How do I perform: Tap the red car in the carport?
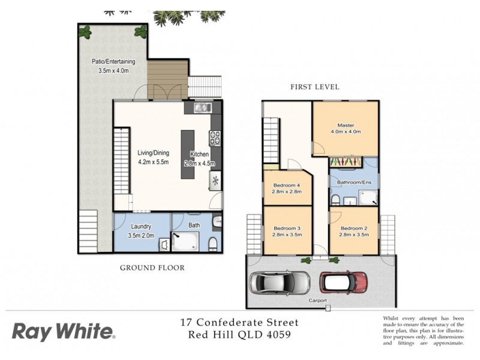point(343,281)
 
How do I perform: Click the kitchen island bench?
point(188,154)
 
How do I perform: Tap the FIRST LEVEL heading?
point(314,87)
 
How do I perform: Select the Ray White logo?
point(63,331)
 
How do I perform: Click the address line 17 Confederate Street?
point(239,323)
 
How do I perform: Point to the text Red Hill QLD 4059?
point(239,335)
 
